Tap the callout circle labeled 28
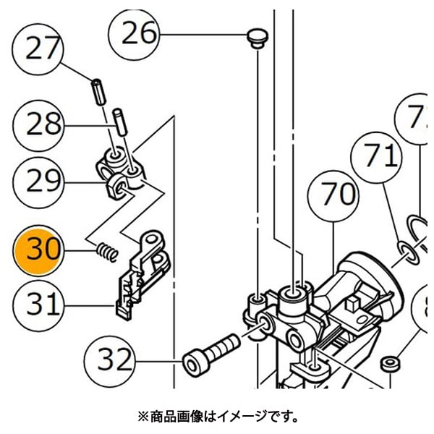(43, 124)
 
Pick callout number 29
(43, 182)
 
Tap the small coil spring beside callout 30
(106, 252)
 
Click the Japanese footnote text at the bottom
(217, 417)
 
